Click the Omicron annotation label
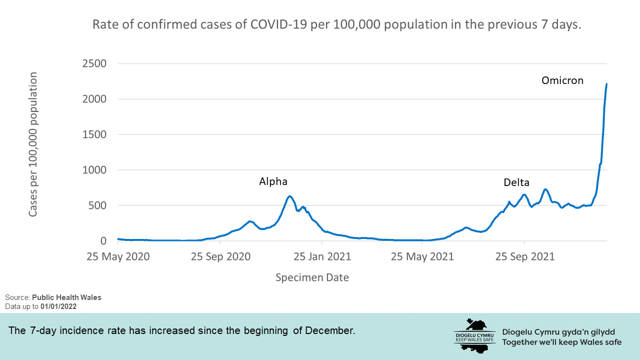(x=562, y=80)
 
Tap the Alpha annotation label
(x=273, y=181)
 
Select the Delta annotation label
(x=516, y=182)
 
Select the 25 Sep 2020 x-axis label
(x=220, y=257)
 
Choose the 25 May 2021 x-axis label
(x=422, y=257)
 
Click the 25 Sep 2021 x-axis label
(x=524, y=257)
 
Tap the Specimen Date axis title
(x=312, y=277)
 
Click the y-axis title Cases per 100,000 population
(x=33, y=144)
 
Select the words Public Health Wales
(x=66, y=297)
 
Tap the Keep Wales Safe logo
(x=473, y=335)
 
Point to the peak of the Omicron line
(x=606, y=84)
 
